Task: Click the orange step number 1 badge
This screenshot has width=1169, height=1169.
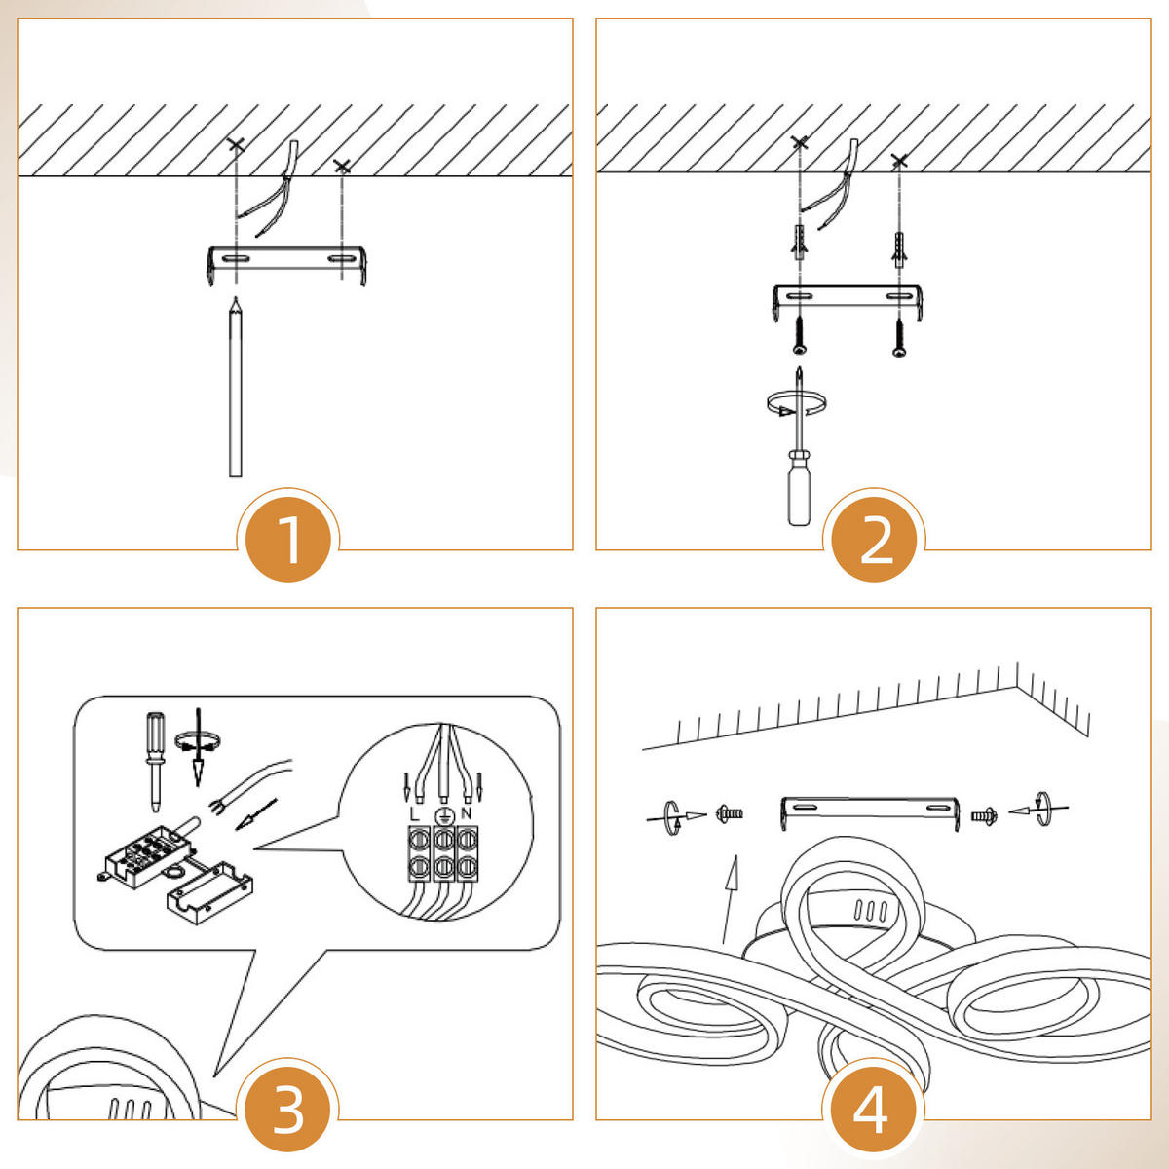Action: pyautogui.click(x=288, y=539)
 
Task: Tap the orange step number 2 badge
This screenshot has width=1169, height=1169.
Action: pyautogui.click(x=875, y=539)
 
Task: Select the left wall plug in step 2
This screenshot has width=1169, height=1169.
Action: pyautogui.click(x=800, y=242)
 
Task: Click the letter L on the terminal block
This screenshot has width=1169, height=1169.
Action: pyautogui.click(x=414, y=814)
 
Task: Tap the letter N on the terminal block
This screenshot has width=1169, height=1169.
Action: pyautogui.click(x=466, y=813)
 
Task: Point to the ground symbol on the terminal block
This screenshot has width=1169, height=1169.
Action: pyautogui.click(x=443, y=816)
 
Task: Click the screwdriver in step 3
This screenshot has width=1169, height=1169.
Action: pyautogui.click(x=155, y=762)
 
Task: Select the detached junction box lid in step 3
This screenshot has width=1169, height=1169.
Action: pyautogui.click(x=209, y=893)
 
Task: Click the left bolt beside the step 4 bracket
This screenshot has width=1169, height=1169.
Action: pyautogui.click(x=730, y=813)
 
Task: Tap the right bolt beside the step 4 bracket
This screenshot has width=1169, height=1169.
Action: pyautogui.click(x=984, y=815)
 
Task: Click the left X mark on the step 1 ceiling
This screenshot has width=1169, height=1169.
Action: pyautogui.click(x=236, y=145)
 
